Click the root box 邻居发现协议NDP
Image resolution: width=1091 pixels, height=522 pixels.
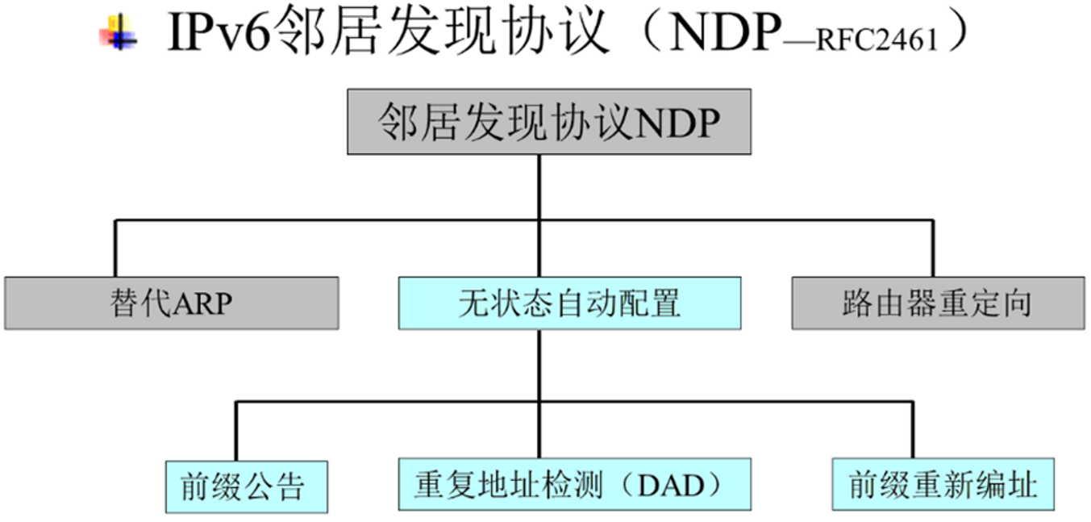pos(549,122)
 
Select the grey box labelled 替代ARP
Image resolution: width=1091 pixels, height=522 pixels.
pos(171,303)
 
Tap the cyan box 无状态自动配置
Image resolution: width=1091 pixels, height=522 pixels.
pos(569,303)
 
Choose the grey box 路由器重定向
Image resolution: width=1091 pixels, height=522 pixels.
pos(937,303)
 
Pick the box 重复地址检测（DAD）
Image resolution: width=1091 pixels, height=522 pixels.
pos(575,484)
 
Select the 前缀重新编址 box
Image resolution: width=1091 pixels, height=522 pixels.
pos(943,485)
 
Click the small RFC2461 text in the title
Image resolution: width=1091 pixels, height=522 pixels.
pos(877,41)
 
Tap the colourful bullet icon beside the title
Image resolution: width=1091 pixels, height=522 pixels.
pos(118,35)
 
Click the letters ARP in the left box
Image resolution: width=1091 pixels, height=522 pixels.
pos(202,304)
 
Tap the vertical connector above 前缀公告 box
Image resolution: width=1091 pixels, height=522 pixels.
pos(235,431)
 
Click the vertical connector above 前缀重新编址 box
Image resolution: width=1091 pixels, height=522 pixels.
pos(913,431)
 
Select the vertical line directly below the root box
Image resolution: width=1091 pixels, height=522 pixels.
pos(539,186)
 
